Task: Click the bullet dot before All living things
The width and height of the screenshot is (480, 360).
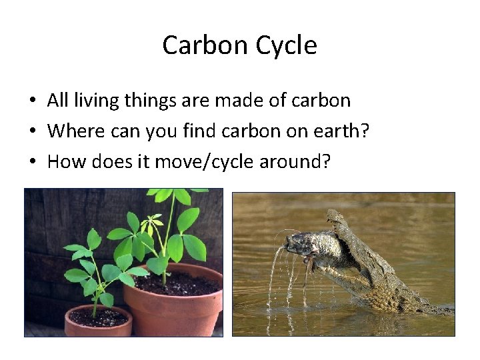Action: (32, 101)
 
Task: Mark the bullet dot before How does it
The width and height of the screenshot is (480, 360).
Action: (32, 162)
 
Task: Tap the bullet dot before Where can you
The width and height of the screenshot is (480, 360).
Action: (32, 131)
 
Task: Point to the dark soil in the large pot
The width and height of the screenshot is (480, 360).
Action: (180, 283)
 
